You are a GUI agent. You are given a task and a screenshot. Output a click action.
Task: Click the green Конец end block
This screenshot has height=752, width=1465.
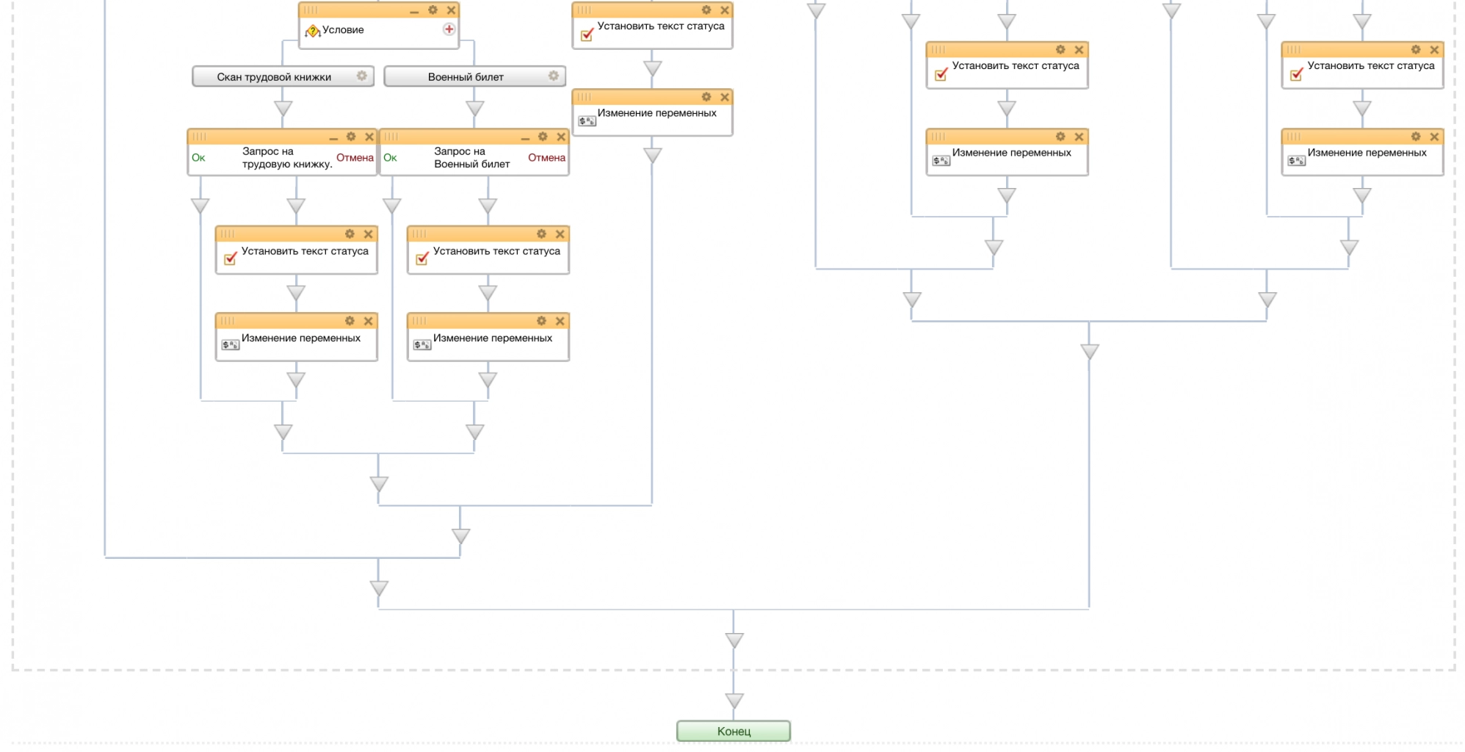click(733, 731)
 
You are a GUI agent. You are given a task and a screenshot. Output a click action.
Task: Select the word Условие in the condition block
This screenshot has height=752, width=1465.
click(343, 30)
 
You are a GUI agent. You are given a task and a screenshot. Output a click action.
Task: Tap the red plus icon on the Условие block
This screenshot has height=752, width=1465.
click(449, 29)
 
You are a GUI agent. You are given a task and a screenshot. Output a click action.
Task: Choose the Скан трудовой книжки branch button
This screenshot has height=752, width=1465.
click(274, 77)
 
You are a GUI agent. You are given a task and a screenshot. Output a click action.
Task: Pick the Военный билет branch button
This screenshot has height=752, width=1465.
click(466, 77)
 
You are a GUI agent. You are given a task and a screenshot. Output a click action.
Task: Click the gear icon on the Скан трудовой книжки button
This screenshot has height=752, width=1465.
click(362, 76)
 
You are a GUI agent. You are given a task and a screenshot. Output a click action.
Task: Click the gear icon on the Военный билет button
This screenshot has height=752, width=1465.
click(554, 76)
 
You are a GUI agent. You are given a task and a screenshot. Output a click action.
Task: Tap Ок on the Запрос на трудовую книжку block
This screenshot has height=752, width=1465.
click(198, 158)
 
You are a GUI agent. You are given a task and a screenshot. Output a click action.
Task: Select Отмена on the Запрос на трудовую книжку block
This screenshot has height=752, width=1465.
click(355, 158)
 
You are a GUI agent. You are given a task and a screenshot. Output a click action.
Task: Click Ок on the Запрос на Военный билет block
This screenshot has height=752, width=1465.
click(390, 158)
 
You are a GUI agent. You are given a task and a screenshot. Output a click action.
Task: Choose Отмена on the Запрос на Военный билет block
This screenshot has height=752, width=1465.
click(546, 158)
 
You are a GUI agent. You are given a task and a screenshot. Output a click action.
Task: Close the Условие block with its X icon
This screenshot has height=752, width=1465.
click(452, 10)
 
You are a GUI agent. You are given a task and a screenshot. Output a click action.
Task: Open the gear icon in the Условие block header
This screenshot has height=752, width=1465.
click(433, 10)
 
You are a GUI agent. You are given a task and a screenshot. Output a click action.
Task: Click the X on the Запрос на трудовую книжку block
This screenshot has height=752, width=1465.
click(369, 137)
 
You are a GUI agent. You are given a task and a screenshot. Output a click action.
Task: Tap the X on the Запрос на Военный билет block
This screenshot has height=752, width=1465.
click(561, 137)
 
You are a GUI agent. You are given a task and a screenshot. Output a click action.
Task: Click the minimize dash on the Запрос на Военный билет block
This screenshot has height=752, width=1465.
click(525, 138)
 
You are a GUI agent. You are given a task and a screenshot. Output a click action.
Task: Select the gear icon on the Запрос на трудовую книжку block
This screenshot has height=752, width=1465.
click(351, 137)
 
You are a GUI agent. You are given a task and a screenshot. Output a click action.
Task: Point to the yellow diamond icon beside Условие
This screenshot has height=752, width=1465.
click(313, 31)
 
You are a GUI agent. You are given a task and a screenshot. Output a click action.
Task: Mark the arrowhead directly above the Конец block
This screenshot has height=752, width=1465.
click(734, 701)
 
